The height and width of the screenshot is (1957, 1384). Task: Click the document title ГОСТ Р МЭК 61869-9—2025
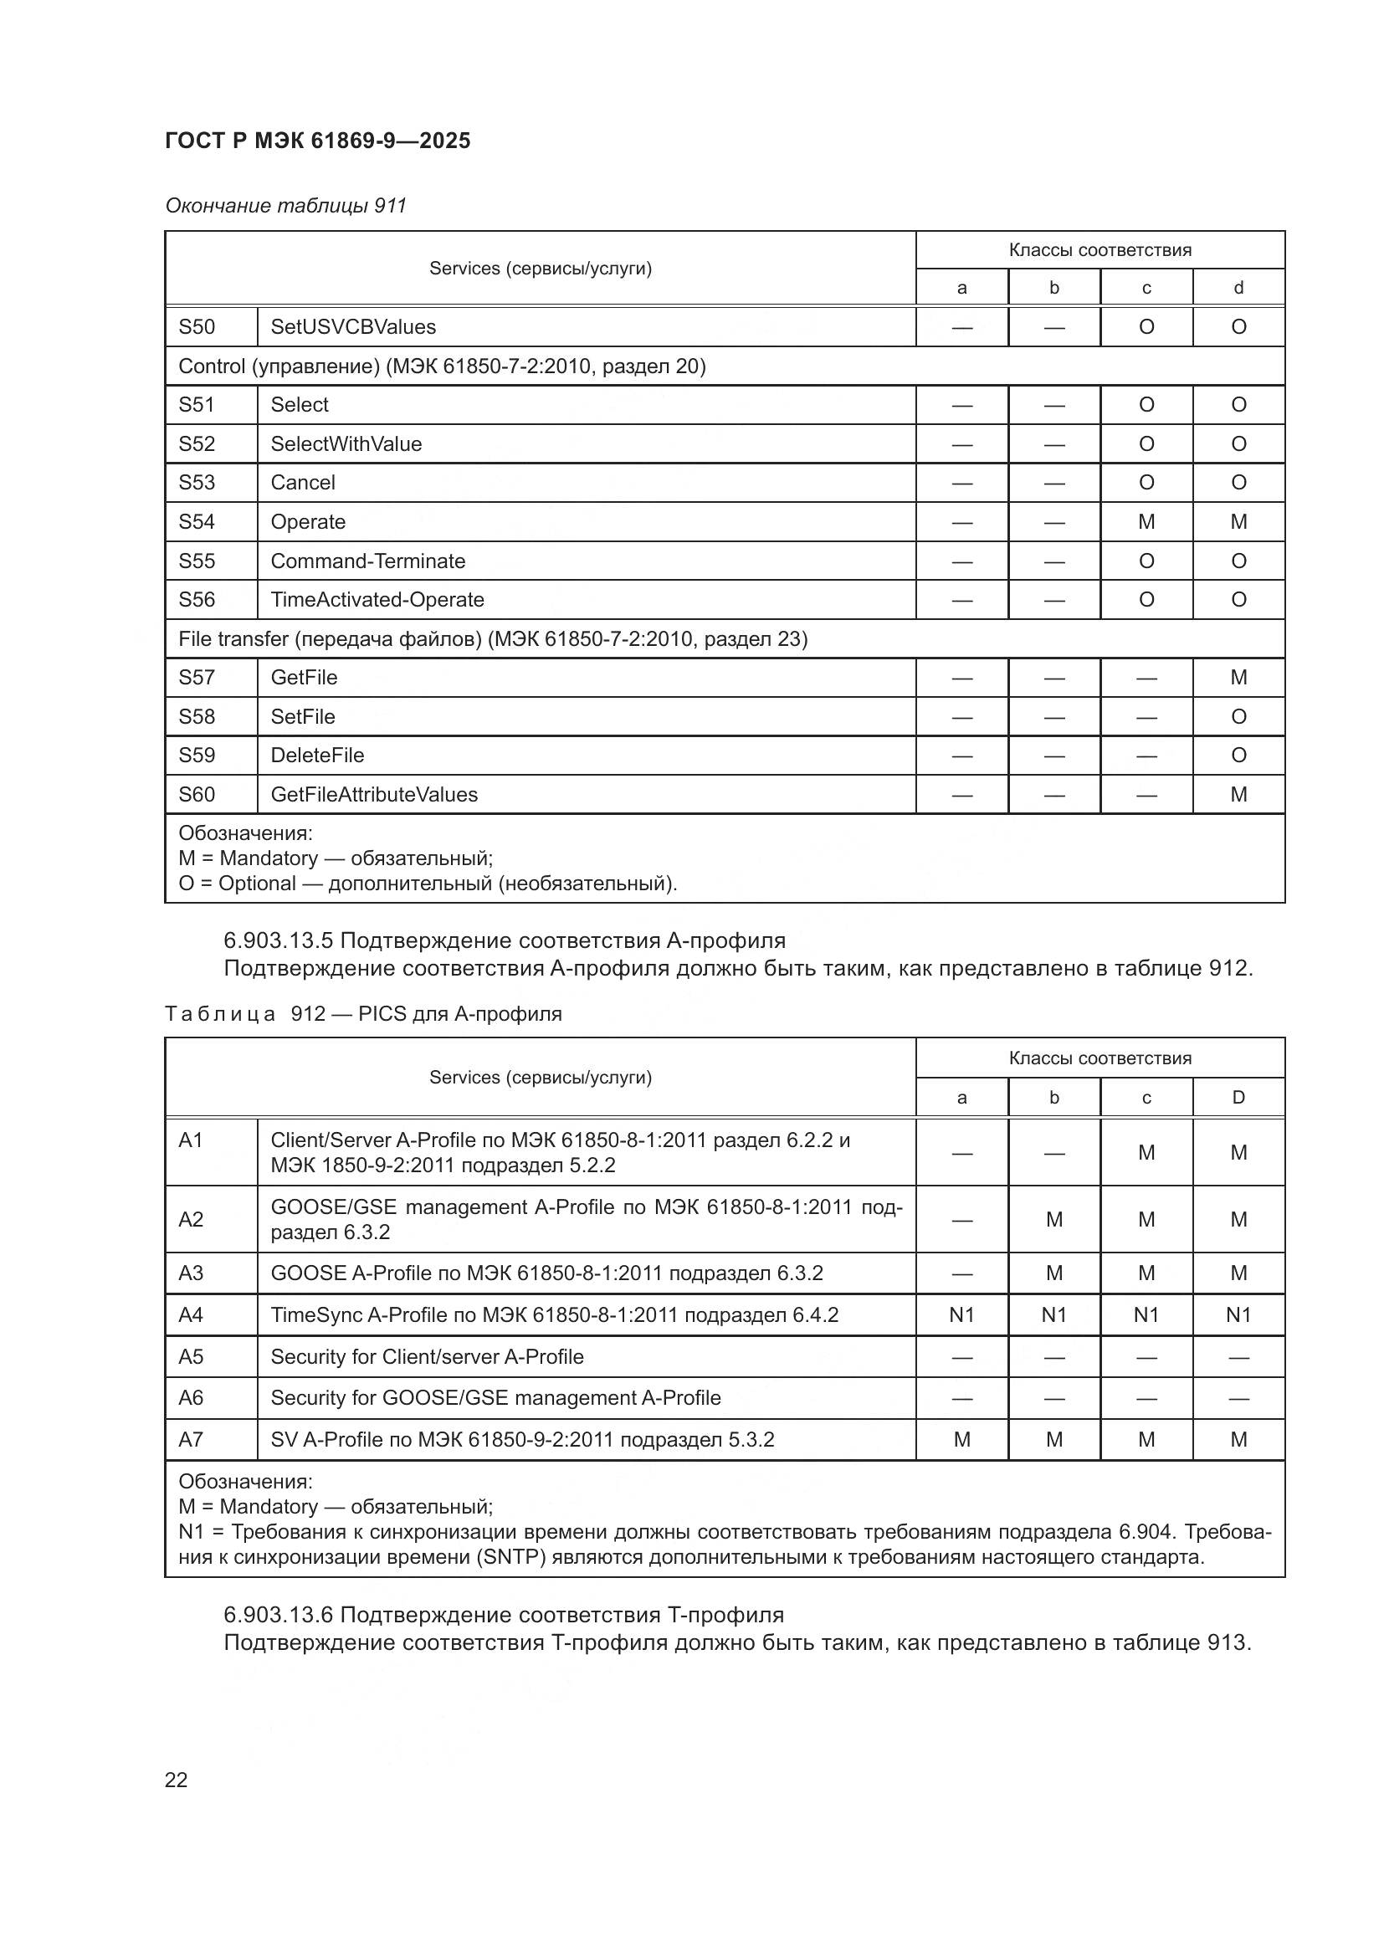pos(317,141)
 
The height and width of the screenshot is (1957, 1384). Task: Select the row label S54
pos(197,521)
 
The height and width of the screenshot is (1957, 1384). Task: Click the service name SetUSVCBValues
pos(353,326)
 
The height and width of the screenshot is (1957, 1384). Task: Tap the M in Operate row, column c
pos(1146,521)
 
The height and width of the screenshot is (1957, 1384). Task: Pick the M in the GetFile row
pos(1238,678)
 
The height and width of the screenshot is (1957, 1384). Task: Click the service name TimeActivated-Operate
pos(377,600)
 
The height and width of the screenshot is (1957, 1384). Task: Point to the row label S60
pos(197,794)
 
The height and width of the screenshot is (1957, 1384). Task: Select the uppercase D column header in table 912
pos(1238,1098)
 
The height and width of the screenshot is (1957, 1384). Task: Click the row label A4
pos(191,1315)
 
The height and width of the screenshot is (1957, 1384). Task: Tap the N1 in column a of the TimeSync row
pos(961,1315)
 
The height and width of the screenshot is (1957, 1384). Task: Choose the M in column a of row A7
pos(961,1440)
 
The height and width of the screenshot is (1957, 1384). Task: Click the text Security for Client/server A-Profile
pos(427,1357)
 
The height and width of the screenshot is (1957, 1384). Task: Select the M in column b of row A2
pos(1054,1220)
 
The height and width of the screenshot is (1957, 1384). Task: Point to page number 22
pos(177,1780)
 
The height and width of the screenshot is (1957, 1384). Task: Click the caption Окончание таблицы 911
pos(285,206)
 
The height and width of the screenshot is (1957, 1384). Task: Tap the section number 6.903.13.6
pos(278,1614)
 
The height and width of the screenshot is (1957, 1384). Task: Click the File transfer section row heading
pos(493,638)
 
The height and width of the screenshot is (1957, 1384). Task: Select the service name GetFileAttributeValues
pos(374,794)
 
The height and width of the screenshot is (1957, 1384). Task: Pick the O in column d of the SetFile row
pos(1238,717)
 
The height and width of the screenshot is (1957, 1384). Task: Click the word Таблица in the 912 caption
pos(221,1014)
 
